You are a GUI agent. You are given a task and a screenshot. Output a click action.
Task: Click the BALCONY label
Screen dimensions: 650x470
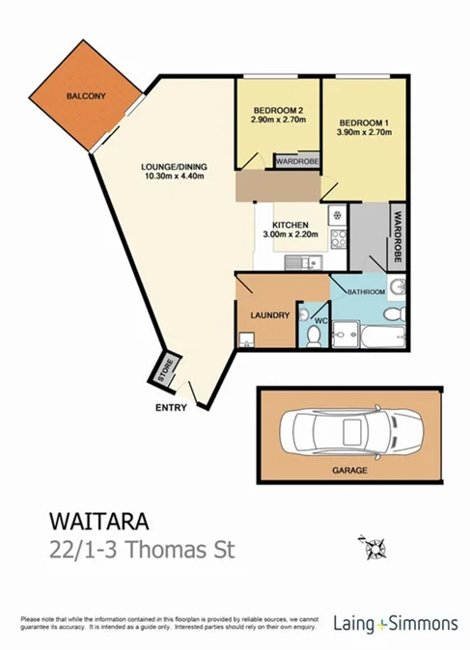click(x=85, y=96)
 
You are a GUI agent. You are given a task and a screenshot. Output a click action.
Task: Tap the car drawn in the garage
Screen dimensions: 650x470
click(x=354, y=431)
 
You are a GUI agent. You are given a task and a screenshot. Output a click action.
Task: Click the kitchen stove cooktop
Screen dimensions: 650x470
click(x=338, y=239)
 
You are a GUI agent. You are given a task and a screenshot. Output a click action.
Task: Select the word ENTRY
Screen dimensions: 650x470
click(x=171, y=408)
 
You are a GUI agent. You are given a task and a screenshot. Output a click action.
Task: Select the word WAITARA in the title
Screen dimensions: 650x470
click(x=98, y=523)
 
